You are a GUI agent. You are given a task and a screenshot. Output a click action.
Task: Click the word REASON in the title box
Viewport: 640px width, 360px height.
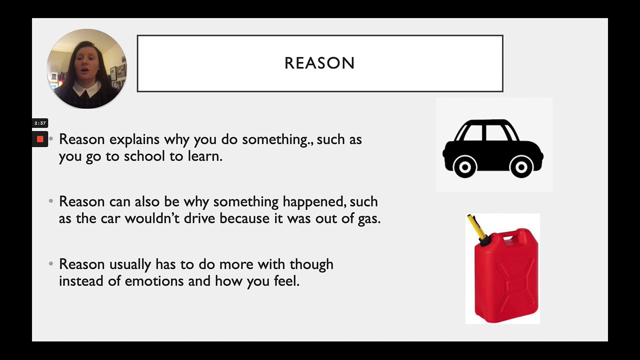pos(319,63)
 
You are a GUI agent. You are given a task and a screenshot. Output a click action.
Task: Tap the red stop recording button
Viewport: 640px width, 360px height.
pos(40,139)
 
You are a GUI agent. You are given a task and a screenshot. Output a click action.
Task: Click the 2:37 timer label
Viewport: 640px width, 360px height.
pos(40,123)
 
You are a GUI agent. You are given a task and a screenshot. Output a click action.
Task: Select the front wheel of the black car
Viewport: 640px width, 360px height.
pos(521,166)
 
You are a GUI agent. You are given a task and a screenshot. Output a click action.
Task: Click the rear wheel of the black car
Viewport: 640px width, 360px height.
pos(464,166)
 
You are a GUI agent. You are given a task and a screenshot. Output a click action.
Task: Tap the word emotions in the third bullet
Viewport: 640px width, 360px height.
pos(154,281)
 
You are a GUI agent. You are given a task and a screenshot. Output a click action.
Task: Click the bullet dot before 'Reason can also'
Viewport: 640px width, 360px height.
pos(51,201)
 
